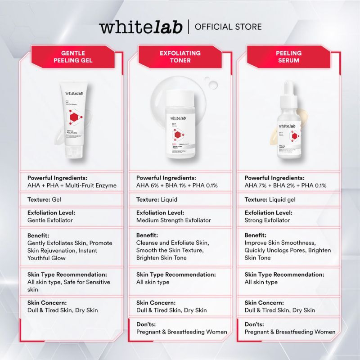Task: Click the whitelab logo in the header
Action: point(141,27)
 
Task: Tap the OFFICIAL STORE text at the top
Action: point(228,27)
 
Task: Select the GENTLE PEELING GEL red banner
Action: point(70,57)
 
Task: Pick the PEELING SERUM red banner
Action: point(288,57)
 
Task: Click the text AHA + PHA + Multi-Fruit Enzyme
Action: point(72,185)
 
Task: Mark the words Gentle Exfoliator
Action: point(50,220)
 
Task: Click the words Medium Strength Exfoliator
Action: point(174,220)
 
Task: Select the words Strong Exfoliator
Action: point(267,220)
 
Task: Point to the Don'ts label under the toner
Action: point(146,324)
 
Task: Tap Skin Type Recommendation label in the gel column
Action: point(67,274)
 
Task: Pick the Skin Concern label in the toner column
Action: point(156,303)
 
